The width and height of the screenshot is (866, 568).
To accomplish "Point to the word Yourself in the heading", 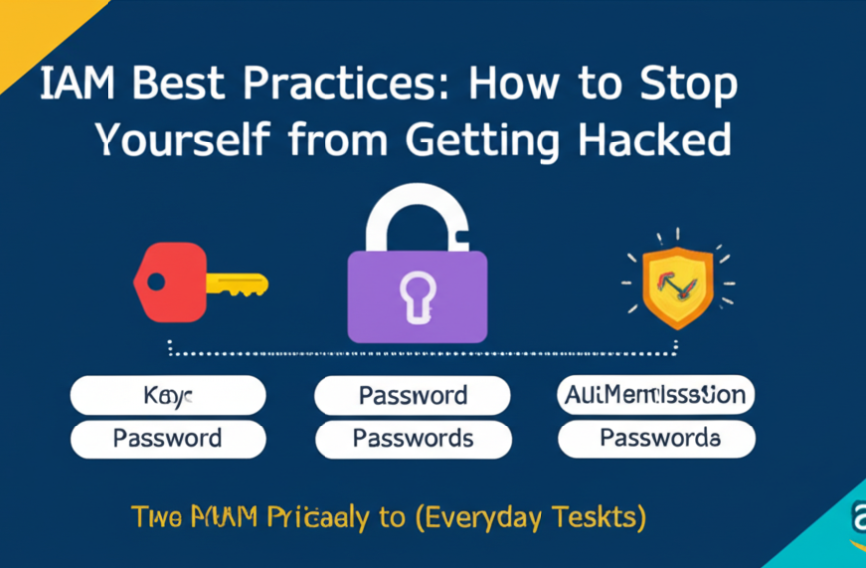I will pyautogui.click(x=178, y=141).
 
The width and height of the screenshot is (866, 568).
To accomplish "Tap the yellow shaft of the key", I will pyautogui.click(x=237, y=283).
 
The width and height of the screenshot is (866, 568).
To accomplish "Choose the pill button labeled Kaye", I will pyautogui.click(x=167, y=395).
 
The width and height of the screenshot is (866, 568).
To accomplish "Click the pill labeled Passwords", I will pyautogui.click(x=413, y=438).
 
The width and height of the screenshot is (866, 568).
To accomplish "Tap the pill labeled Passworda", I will pyautogui.click(x=656, y=438).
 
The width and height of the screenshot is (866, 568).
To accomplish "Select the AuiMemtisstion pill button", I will pyautogui.click(x=654, y=395).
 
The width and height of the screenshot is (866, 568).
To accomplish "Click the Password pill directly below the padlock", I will pyautogui.click(x=413, y=395).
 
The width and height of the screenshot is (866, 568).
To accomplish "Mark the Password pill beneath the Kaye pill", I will pyautogui.click(x=167, y=438).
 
